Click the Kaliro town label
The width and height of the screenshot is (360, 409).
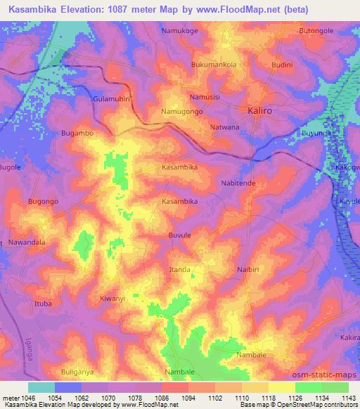pos(264,111)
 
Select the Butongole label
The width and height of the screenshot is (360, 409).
pos(316,32)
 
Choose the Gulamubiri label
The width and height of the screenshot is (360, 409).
pos(112,99)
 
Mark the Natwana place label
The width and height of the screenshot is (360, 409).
pos(225,127)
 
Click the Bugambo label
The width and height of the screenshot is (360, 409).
pos(77,132)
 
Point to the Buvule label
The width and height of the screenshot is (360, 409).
pos(179,235)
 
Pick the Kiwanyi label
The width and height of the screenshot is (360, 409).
pos(112,298)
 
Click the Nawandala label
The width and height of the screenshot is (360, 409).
pos(27,242)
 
